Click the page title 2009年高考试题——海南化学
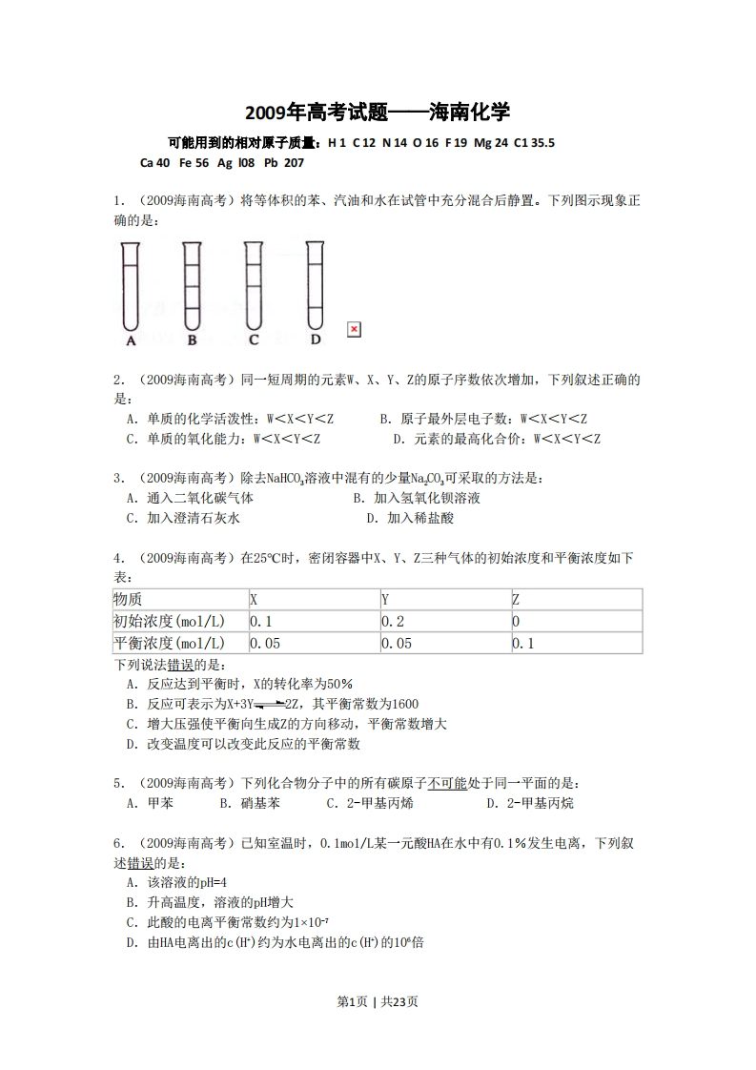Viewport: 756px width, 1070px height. pos(378,113)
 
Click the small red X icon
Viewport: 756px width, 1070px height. pos(354,329)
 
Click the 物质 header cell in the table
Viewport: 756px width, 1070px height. pos(177,600)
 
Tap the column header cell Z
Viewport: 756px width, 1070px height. pos(575,600)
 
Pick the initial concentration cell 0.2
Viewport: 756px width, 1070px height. pos(443,622)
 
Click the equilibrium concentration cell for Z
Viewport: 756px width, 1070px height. pos(575,644)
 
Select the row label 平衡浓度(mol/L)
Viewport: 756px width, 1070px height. pos(177,644)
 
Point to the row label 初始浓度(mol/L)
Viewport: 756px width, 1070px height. pos(177,622)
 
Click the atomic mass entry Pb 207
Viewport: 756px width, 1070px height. pos(283,162)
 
